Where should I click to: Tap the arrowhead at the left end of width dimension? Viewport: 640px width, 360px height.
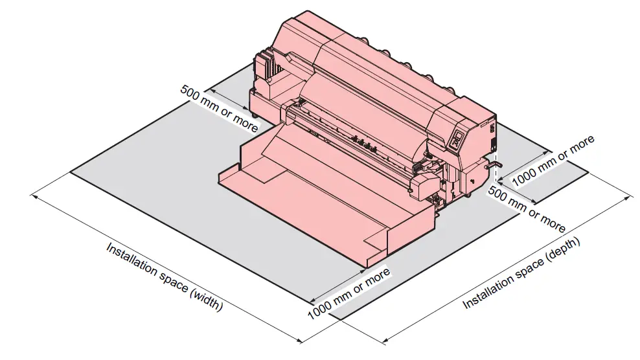pos(34,194)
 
